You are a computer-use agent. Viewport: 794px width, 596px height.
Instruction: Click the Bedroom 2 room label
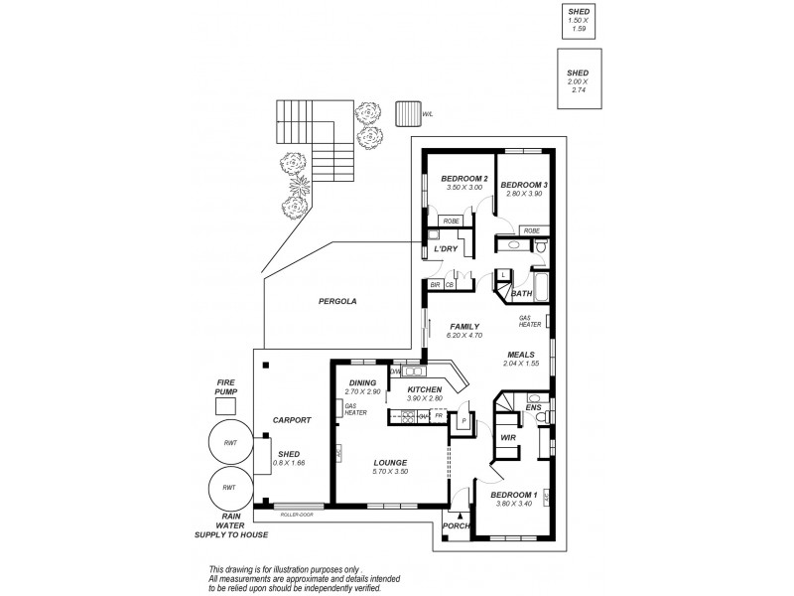tap(462, 178)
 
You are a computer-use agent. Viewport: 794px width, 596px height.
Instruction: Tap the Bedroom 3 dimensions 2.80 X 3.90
tap(523, 194)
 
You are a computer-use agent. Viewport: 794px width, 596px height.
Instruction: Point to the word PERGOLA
tap(337, 300)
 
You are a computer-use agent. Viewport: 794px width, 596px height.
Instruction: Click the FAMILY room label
tap(463, 326)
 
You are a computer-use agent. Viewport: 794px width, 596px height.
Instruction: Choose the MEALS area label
tap(521, 355)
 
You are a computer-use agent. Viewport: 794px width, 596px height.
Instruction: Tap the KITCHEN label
tap(424, 389)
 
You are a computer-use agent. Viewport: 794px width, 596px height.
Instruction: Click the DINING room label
tap(361, 382)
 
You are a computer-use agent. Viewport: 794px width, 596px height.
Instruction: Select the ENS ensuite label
tap(533, 407)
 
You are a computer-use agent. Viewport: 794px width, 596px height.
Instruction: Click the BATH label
tap(520, 293)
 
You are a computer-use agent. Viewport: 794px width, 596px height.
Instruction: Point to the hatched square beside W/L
tap(405, 112)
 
